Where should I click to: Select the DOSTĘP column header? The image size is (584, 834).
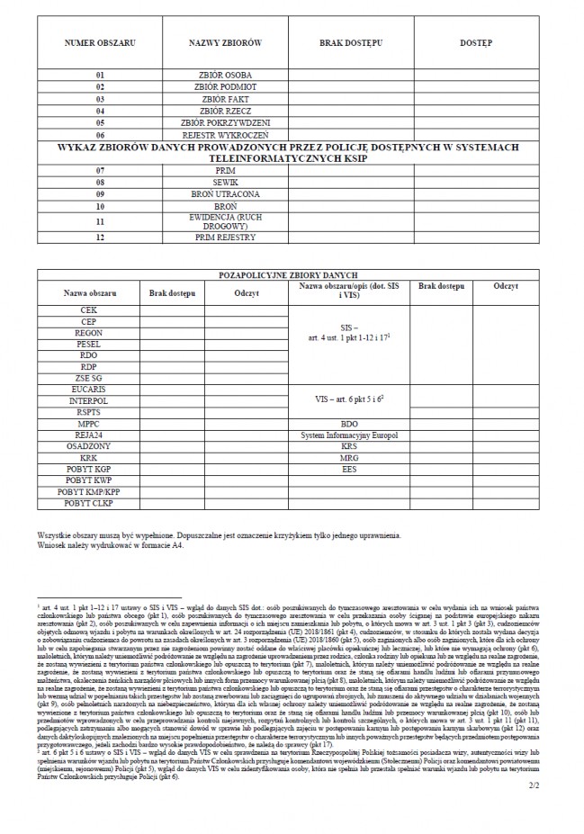tap(475, 43)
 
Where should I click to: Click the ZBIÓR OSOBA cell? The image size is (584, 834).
tap(226, 75)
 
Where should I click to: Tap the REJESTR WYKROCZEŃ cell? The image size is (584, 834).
tap(226, 135)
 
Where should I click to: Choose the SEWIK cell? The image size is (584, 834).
tap(226, 182)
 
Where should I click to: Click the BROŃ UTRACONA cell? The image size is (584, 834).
tap(226, 193)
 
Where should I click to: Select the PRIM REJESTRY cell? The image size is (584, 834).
tap(226, 238)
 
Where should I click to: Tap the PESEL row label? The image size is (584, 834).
tap(88, 344)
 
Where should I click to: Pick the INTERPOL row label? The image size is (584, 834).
tap(88, 399)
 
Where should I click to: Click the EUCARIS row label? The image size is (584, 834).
tap(88, 388)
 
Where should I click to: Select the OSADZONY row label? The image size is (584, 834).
tap(88, 445)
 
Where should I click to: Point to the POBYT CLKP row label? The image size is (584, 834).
tap(88, 503)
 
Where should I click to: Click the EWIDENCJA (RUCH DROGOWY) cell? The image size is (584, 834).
tap(226, 220)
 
